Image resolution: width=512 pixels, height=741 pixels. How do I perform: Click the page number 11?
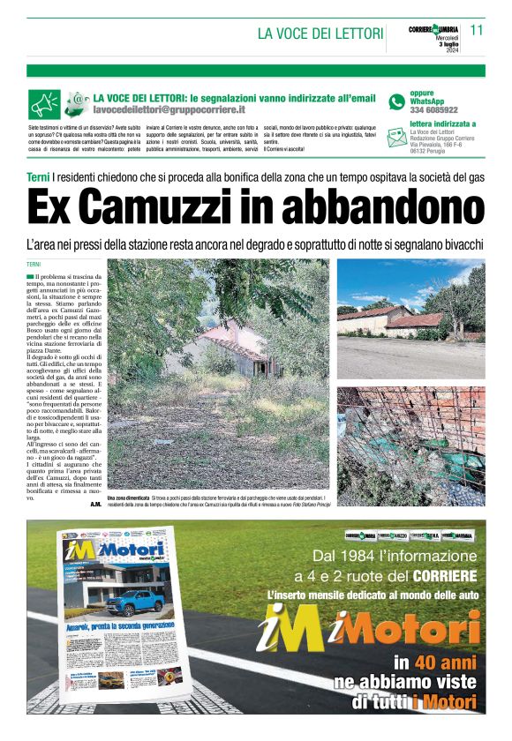tap(477, 30)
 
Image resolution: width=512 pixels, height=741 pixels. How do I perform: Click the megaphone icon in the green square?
tap(43, 104)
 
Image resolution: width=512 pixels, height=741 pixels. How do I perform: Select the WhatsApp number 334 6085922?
tap(433, 110)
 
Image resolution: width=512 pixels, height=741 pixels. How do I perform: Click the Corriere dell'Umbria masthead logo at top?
tap(433, 30)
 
